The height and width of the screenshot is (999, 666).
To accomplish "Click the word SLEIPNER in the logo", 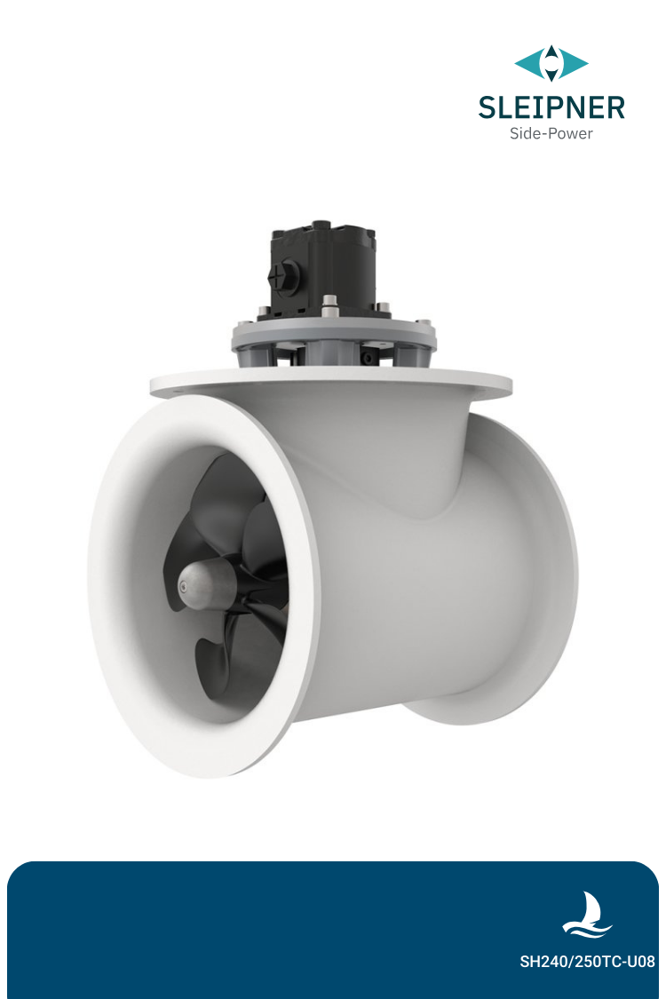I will tap(551, 107).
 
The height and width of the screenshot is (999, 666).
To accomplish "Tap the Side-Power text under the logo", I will tap(551, 134).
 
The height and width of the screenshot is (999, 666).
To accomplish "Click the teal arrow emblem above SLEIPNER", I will tap(551, 64).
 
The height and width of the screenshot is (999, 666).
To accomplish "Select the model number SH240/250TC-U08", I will tap(587, 961).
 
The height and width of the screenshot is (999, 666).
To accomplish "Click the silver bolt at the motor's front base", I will tap(329, 310).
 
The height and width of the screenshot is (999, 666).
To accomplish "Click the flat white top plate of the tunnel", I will tap(331, 383).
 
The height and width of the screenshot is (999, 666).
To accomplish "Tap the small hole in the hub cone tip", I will tap(183, 584).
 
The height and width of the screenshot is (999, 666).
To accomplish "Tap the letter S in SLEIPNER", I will tap(487, 107).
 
